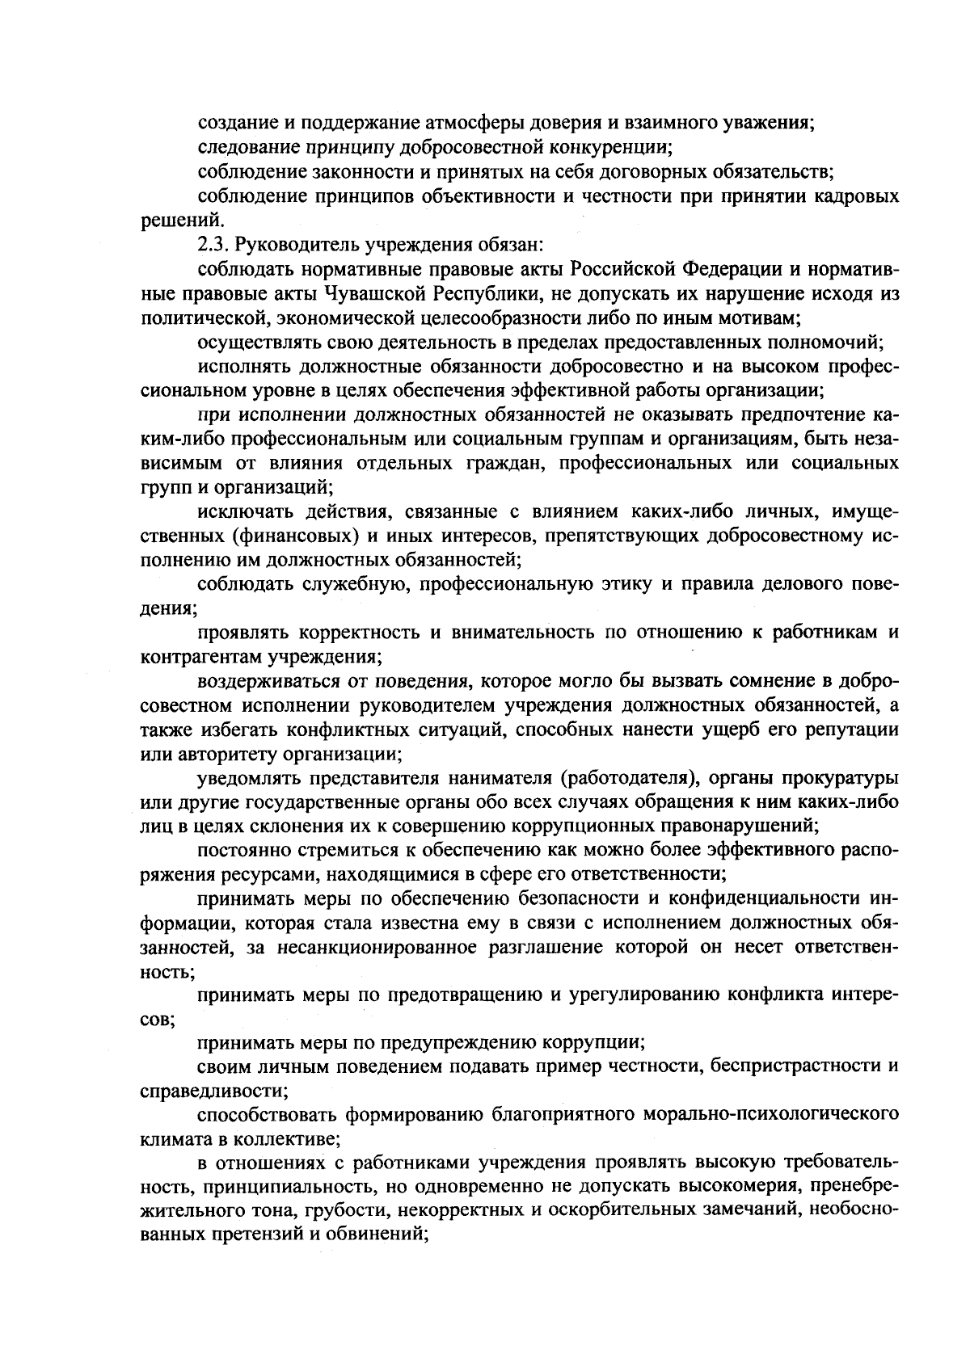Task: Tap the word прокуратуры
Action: pos(848,779)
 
